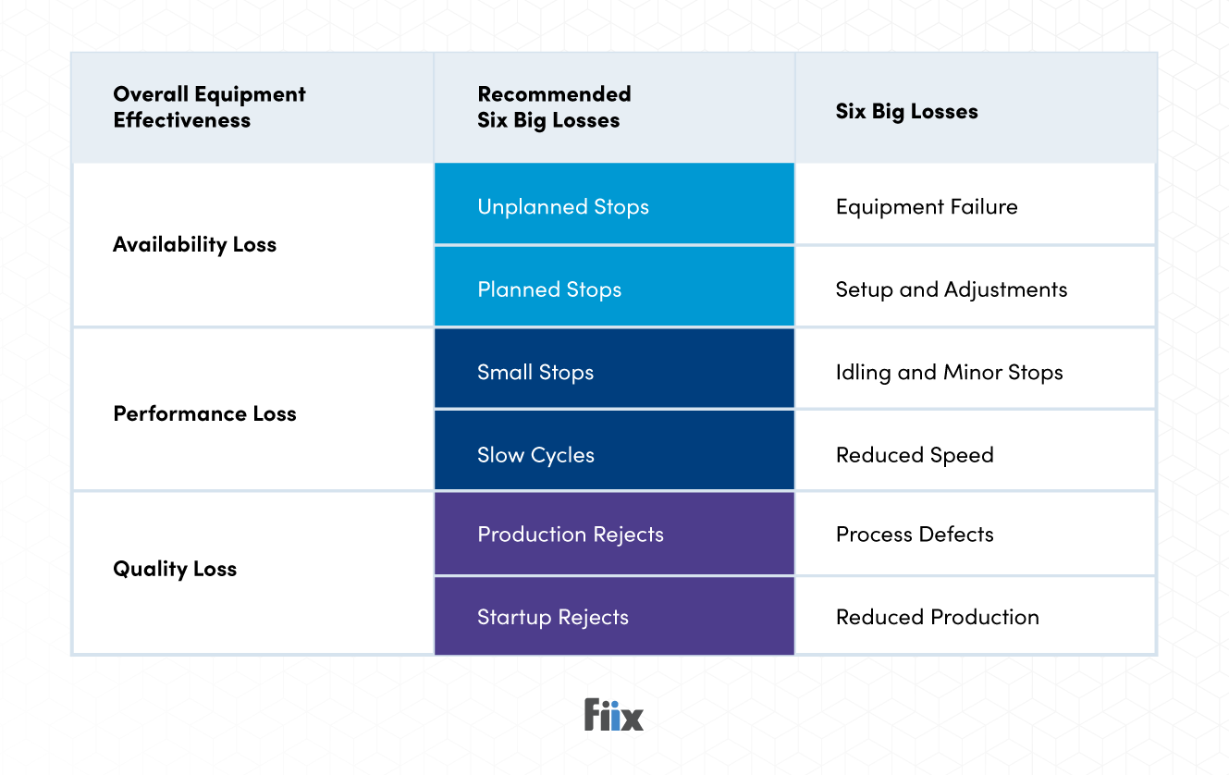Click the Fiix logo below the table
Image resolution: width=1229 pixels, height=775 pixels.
(613, 715)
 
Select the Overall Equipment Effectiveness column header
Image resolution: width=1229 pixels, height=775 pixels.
(209, 107)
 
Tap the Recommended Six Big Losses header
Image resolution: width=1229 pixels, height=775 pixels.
(554, 107)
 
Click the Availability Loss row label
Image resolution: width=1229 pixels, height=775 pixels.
(194, 245)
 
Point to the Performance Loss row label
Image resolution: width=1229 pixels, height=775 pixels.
(204, 413)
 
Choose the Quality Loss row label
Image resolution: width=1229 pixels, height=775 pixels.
(175, 569)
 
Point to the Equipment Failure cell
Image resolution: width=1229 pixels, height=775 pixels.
(927, 207)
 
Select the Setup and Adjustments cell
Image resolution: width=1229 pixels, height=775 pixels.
(951, 289)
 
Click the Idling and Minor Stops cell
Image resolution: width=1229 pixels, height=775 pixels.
(949, 373)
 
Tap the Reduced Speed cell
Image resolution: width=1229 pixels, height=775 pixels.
(915, 455)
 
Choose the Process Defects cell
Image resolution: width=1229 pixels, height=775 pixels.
(915, 535)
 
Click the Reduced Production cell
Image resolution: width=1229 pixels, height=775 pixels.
(937, 617)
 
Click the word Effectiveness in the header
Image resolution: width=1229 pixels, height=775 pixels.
(181, 120)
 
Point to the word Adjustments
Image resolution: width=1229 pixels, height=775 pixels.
(1006, 289)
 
